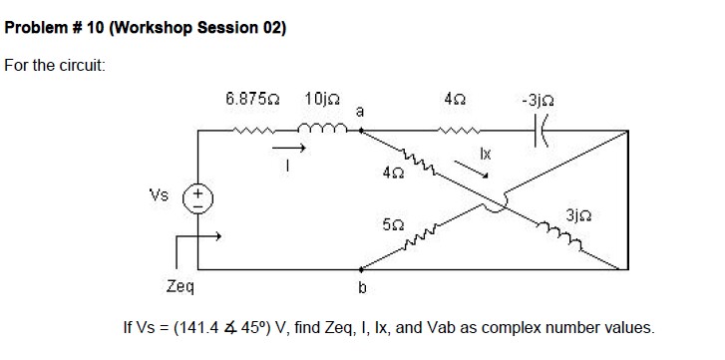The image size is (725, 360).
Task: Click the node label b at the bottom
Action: click(x=362, y=289)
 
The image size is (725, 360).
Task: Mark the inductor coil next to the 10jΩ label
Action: click(x=322, y=129)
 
